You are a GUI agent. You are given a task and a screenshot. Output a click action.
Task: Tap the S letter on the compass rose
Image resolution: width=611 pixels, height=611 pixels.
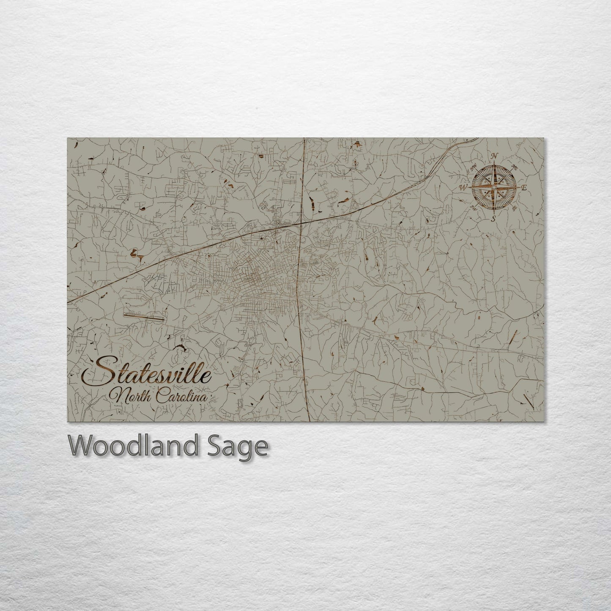(x=493, y=219)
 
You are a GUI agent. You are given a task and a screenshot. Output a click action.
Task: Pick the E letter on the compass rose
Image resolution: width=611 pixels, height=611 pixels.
(x=523, y=188)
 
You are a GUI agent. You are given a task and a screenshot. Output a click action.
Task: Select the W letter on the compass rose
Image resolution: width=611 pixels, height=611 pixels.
(x=463, y=186)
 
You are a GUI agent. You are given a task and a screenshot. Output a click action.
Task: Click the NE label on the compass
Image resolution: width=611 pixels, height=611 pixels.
(x=515, y=166)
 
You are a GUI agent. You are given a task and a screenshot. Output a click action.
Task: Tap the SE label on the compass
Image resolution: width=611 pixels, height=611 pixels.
(x=514, y=208)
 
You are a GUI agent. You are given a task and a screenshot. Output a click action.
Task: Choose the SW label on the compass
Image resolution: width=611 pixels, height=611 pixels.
(x=473, y=208)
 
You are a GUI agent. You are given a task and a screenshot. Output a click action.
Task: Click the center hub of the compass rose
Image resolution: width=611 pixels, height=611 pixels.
(x=493, y=186)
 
